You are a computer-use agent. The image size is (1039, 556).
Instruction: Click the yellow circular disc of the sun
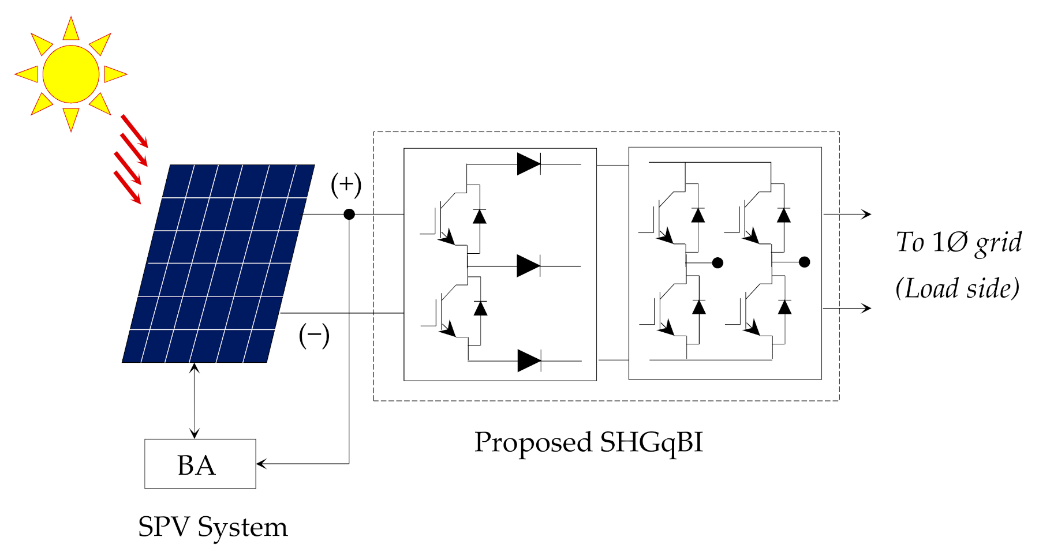(71, 74)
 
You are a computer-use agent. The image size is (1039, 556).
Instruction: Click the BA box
(200, 464)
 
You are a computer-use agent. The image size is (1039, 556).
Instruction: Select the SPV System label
(212, 527)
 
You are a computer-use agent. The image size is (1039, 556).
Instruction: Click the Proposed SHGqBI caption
(588, 443)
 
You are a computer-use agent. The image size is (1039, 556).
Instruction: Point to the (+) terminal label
(346, 185)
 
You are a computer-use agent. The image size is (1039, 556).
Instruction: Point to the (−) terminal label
(314, 335)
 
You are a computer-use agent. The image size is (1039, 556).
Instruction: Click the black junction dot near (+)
(349, 215)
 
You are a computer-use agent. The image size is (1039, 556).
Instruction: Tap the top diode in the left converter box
(528, 164)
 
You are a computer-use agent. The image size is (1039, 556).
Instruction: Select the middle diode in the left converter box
(528, 266)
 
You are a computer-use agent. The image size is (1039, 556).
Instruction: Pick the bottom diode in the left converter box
(529, 361)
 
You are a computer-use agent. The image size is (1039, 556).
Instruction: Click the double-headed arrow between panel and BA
(195, 401)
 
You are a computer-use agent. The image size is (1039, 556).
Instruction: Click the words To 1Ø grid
(958, 242)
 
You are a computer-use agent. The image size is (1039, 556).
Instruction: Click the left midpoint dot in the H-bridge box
(717, 263)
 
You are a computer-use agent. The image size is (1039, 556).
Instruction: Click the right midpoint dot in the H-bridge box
(805, 262)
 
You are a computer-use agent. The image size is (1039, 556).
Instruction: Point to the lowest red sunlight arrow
(128, 187)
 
